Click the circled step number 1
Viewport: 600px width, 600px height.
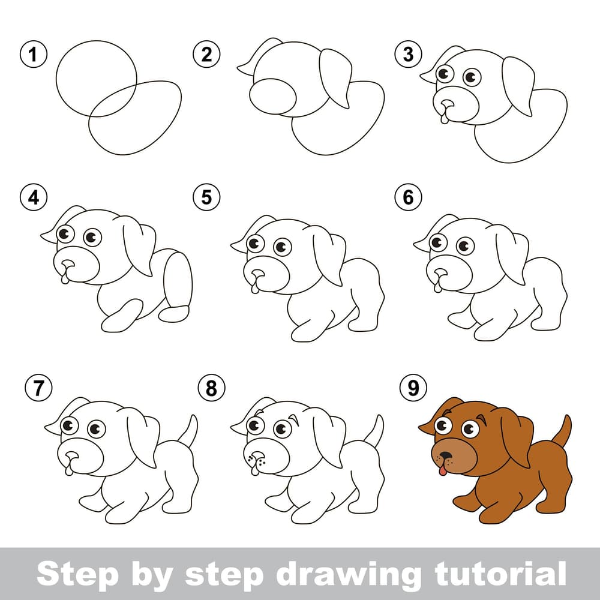pyautogui.click(x=34, y=54)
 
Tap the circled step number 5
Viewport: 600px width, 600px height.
pyautogui.click(x=206, y=197)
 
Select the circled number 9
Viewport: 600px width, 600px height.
pyautogui.click(x=413, y=388)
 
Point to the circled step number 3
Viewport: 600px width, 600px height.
pyautogui.click(x=408, y=54)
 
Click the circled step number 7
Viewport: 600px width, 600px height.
pyautogui.click(x=38, y=388)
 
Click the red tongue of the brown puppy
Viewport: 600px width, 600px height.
pyautogui.click(x=442, y=470)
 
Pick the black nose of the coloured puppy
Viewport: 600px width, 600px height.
pyautogui.click(x=445, y=456)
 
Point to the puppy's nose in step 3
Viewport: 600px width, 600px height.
pyautogui.click(x=447, y=104)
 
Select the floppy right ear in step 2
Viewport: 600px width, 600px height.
pyautogui.click(x=335, y=77)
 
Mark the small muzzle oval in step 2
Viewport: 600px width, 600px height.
pyautogui.click(x=272, y=97)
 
